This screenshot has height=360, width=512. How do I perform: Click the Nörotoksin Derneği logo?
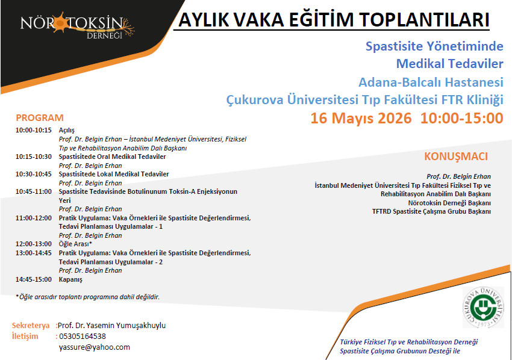(x=77, y=25)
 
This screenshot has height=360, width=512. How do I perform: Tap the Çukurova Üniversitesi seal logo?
(x=484, y=307)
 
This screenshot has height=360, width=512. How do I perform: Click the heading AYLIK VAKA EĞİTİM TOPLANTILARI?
(x=334, y=20)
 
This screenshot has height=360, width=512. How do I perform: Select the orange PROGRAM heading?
(x=40, y=117)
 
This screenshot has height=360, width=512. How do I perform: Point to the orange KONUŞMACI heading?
(x=456, y=157)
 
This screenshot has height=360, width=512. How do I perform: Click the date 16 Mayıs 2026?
(x=361, y=118)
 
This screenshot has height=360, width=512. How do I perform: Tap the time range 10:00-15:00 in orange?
(x=462, y=118)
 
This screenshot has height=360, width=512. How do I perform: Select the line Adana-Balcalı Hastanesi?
(x=431, y=82)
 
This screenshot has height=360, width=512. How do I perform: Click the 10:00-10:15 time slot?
(x=34, y=130)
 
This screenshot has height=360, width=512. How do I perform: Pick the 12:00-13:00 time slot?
(x=34, y=244)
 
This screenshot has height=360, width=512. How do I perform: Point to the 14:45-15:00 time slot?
(x=34, y=279)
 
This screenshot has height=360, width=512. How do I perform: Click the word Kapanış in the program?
(x=70, y=280)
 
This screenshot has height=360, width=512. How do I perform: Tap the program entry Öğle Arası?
(x=75, y=244)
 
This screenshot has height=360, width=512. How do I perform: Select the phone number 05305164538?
(x=83, y=336)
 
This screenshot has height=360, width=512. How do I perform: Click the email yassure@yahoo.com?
(x=95, y=347)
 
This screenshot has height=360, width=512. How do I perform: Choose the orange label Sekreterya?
(x=31, y=326)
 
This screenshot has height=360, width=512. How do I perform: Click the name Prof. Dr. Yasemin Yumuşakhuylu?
(x=111, y=326)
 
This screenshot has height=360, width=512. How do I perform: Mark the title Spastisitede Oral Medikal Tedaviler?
(x=112, y=157)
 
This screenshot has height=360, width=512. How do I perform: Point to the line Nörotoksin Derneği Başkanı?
(x=449, y=203)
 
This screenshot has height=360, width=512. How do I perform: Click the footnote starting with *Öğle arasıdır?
(x=87, y=297)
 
